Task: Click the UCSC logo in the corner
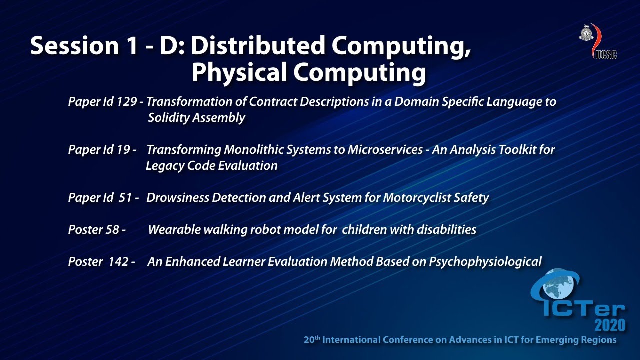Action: pos(597,41)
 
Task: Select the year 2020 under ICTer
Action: pos(609,325)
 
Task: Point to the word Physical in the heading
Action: pos(239,73)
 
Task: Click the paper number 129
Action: pos(126,102)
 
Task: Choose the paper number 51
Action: pos(125,198)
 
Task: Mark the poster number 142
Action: pos(118,262)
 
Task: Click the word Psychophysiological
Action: pos(485,262)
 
